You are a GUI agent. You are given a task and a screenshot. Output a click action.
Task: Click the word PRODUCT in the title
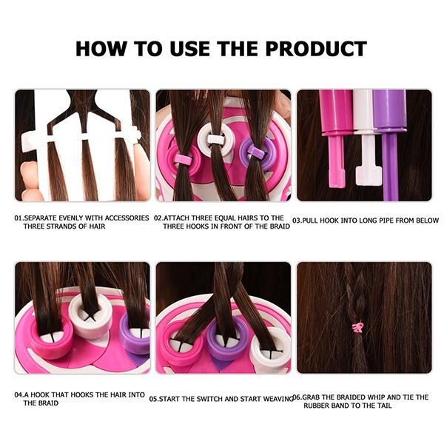pyautogui.click(x=316, y=49)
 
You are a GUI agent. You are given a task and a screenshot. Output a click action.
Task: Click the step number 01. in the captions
pyautogui.click(x=19, y=218)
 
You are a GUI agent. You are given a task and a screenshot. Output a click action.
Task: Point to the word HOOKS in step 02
pyautogui.click(x=205, y=226)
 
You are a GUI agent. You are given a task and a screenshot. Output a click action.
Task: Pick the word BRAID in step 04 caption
pyautogui.click(x=41, y=403)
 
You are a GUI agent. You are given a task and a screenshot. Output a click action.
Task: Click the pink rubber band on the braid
pyautogui.click(x=358, y=327)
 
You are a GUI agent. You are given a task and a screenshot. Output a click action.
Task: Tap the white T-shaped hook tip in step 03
pyautogui.click(x=369, y=175)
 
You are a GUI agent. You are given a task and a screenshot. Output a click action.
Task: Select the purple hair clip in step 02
pyautogui.click(x=256, y=152)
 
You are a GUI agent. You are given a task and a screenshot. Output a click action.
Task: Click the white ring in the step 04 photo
pyautogui.click(x=90, y=315)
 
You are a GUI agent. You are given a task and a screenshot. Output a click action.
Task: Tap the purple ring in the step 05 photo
pyautogui.click(x=227, y=342)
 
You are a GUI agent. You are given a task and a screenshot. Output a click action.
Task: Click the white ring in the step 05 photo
pyautogui.click(x=270, y=349)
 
